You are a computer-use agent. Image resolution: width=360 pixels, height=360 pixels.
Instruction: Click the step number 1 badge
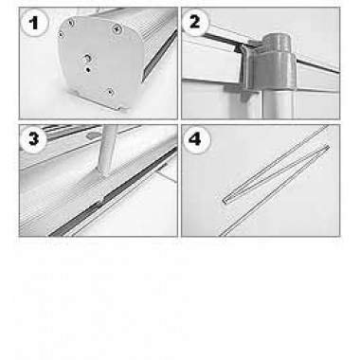pyautogui.click(x=34, y=23)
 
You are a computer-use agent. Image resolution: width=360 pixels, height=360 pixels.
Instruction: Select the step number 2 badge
pyautogui.click(x=195, y=23)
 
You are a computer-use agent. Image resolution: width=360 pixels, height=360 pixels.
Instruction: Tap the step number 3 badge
pyautogui.click(x=33, y=139)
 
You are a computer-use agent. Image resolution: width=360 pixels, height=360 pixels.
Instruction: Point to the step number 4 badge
pyautogui.click(x=196, y=139)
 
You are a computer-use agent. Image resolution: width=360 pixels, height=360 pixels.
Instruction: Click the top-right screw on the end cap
pyautogui.click(x=117, y=29)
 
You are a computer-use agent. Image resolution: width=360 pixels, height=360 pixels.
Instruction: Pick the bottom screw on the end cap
pyautogui.click(x=110, y=92)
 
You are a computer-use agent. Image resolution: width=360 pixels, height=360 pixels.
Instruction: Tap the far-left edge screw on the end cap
pyautogui.click(x=61, y=34)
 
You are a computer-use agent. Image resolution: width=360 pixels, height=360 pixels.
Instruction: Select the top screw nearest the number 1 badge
pyautogui.click(x=72, y=23)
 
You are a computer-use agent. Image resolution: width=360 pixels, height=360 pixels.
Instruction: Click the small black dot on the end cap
pyautogui.click(x=88, y=69)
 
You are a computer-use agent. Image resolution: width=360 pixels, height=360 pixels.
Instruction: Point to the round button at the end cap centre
pyautogui.click(x=87, y=59)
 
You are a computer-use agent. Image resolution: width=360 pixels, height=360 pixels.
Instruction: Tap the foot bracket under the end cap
pyautogui.click(x=97, y=101)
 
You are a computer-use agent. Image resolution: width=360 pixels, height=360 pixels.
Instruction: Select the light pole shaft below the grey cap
pyautogui.click(x=278, y=103)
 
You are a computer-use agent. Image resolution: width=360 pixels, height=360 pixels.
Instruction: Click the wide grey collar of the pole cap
pyautogui.click(x=272, y=70)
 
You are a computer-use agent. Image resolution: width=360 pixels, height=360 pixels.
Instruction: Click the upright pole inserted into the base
pyautogui.click(x=108, y=149)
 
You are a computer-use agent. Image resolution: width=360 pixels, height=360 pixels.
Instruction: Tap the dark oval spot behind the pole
pyautogui.click(x=93, y=135)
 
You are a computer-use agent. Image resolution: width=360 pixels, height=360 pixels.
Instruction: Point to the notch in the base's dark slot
pyautogui.click(x=101, y=199)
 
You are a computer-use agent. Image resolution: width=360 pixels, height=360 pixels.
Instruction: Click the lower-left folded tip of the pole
pyautogui.click(x=225, y=200)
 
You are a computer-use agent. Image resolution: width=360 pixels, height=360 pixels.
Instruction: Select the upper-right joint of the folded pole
pyautogui.click(x=327, y=147)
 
